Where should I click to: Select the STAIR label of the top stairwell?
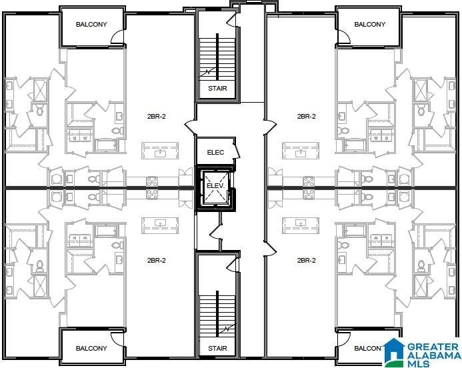(217, 88)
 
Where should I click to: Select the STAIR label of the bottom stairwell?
(217, 348)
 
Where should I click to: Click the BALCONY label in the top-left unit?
(91, 25)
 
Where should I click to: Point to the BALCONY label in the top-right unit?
(369, 25)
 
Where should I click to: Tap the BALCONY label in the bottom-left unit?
(91, 348)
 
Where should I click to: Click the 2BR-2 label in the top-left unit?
(157, 116)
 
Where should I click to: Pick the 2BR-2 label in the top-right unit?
(306, 116)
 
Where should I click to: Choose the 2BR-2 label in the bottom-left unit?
(157, 260)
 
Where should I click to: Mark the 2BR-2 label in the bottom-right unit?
(306, 260)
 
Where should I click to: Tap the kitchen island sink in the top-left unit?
(160, 152)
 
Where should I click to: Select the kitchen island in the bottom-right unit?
(301, 225)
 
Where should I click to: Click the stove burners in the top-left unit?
(152, 180)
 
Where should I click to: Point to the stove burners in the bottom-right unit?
(309, 194)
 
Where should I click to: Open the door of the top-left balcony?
(117, 38)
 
